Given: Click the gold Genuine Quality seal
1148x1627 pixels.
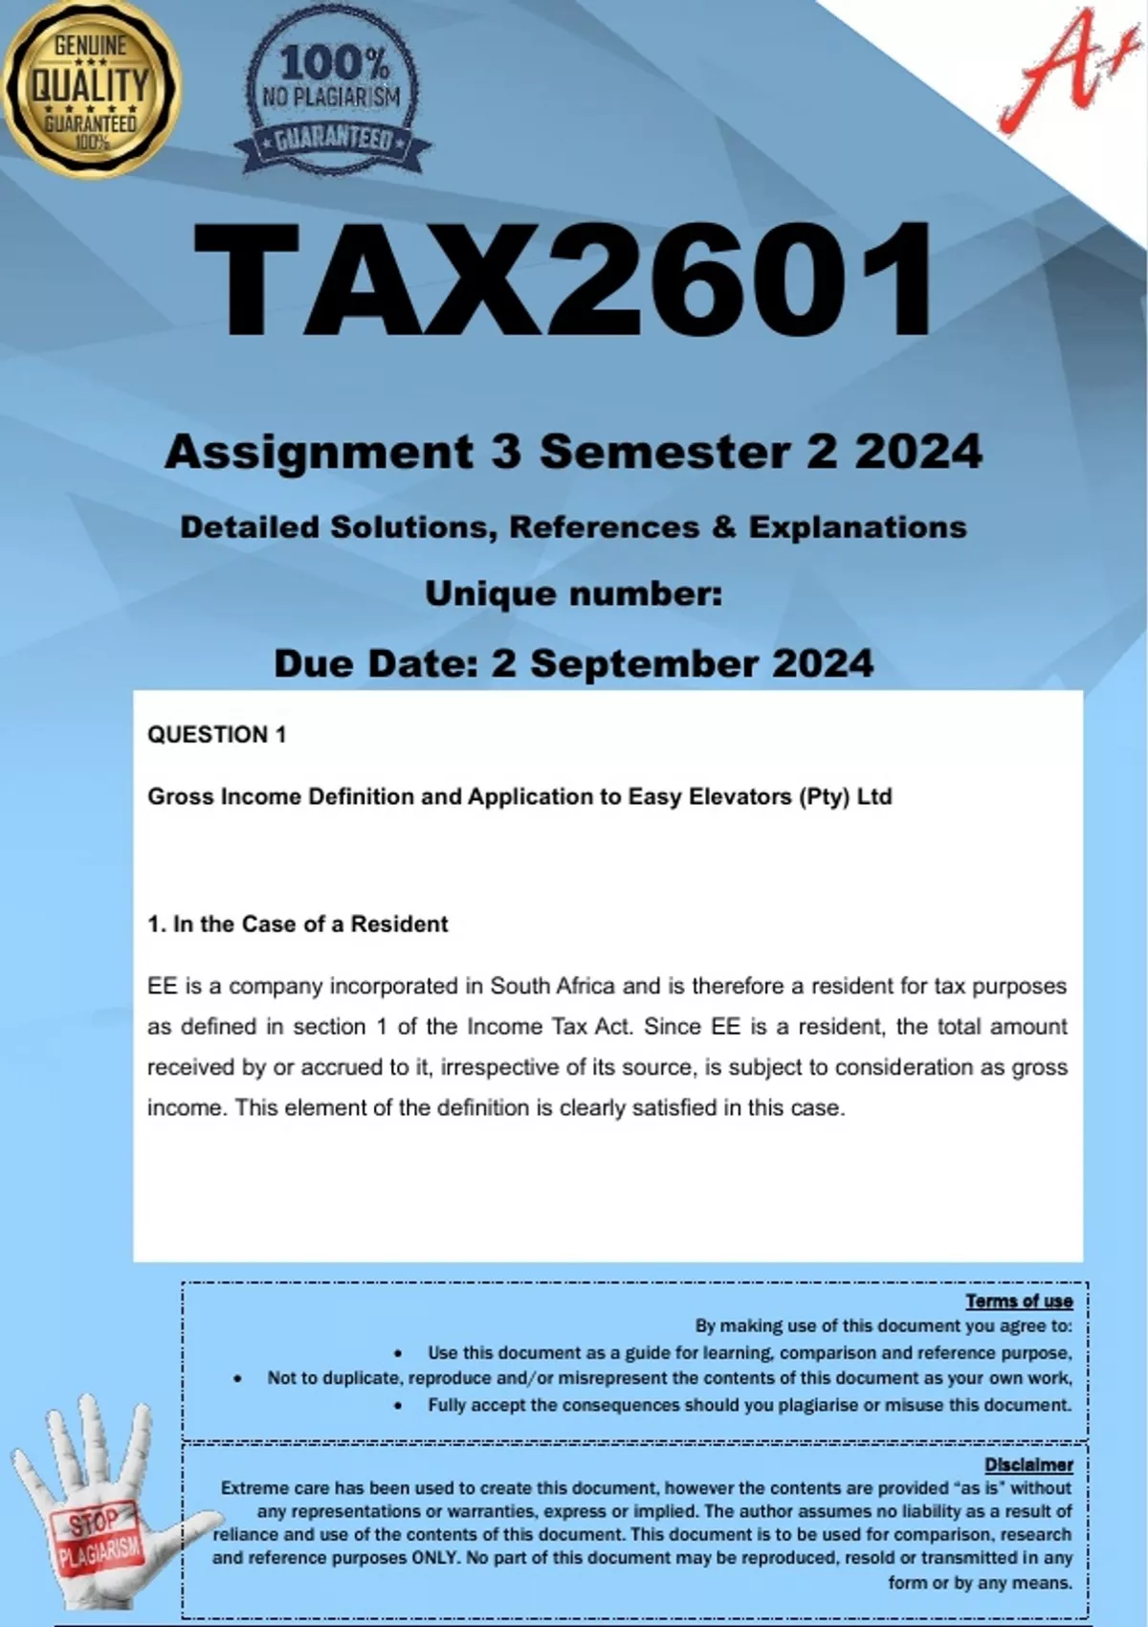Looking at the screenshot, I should [91, 88].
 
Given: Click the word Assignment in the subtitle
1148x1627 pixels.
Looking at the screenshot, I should [319, 451].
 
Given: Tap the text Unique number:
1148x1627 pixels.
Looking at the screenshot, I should [573, 593].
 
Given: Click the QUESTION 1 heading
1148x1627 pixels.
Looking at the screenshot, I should [216, 734].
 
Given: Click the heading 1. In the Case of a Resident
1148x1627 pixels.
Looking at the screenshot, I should [298, 924].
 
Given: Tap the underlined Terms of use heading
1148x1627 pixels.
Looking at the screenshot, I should [1019, 1301].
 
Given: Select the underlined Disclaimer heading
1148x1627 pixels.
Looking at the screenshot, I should [1028, 1464].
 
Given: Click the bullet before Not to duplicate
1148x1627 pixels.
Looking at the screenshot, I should [237, 1379].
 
